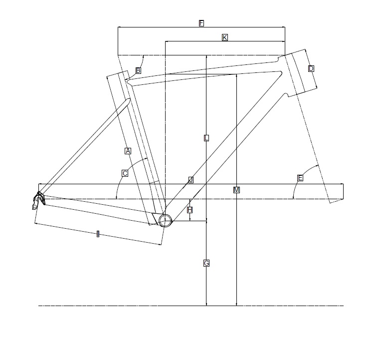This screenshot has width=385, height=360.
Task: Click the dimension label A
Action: [128, 151]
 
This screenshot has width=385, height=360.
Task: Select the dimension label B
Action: [138, 70]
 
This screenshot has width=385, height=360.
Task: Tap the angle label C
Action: [125, 173]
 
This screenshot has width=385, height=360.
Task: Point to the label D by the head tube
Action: [311, 68]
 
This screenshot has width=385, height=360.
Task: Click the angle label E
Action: [300, 178]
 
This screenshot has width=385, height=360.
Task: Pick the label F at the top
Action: [201, 23]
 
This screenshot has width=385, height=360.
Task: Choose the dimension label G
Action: [206, 263]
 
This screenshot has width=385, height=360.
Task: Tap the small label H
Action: [190, 210]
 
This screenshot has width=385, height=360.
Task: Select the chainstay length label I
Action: [98, 234]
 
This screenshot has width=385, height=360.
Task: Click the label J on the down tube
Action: [191, 180]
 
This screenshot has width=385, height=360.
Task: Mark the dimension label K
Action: [225, 37]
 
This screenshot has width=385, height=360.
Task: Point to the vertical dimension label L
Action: [206, 138]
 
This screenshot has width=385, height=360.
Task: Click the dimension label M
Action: [236, 190]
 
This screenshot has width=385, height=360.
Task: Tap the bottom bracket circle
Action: [165, 220]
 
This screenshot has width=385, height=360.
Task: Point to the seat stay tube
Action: [85, 145]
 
